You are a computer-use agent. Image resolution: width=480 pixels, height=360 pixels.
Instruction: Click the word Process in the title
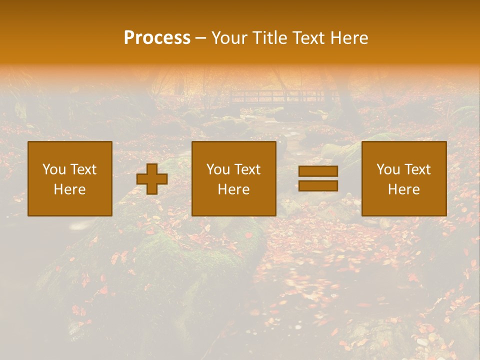(157, 38)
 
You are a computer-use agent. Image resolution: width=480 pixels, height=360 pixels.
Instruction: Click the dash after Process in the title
(201, 38)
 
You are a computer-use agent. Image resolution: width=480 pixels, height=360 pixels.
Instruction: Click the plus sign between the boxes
(152, 179)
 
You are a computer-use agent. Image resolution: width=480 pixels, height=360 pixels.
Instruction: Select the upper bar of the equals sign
(318, 171)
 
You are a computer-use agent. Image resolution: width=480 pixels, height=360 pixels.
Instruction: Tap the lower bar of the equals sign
(318, 186)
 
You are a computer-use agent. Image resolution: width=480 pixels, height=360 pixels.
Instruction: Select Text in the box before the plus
(83, 169)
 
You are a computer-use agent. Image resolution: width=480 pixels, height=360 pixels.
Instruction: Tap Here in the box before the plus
(69, 189)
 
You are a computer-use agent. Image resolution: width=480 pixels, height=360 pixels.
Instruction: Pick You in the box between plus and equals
(218, 169)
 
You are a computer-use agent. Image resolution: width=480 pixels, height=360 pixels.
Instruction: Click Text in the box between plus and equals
(247, 169)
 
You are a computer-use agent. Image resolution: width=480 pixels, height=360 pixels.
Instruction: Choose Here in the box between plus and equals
(233, 189)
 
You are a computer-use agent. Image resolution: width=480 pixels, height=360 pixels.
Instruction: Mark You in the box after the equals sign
(388, 169)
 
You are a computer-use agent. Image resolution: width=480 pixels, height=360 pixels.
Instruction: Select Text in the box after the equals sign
(417, 169)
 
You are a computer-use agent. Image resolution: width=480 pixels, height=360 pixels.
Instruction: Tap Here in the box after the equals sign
(403, 189)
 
